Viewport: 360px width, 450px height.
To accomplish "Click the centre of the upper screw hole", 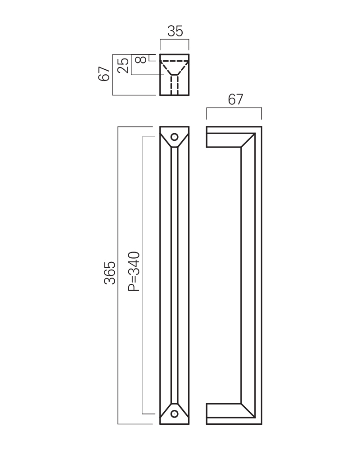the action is [x=174, y=137].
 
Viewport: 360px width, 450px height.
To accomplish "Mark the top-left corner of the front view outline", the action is [x=160, y=126].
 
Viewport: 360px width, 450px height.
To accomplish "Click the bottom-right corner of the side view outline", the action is [x=262, y=424].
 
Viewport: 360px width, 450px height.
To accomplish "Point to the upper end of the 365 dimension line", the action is [x=118, y=127].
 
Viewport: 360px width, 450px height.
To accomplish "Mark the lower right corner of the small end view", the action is [x=189, y=95].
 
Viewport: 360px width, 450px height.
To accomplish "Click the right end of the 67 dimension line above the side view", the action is [x=261, y=108].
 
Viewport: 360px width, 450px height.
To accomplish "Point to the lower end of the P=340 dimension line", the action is [x=142, y=414].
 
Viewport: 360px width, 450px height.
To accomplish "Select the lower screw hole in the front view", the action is [x=174, y=414].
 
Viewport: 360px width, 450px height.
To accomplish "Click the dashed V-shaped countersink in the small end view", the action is [x=174, y=68].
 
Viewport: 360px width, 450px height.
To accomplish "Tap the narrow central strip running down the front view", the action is [x=174, y=275].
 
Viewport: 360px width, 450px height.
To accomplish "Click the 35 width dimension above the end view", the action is [x=175, y=31].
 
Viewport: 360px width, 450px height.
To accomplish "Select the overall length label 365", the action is [x=110, y=273].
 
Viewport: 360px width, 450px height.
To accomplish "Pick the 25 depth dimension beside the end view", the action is [x=123, y=65].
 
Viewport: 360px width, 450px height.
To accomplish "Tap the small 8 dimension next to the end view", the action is [x=141, y=60].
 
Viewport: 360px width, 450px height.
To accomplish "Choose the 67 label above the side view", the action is [x=235, y=99].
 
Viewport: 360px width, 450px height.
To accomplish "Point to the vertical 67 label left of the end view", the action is [x=104, y=74].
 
